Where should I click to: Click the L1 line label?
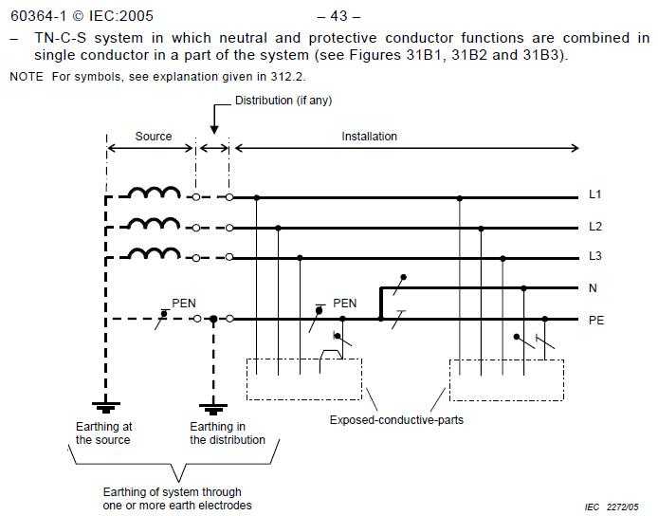[x=595, y=194]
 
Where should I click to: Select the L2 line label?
[x=595, y=227]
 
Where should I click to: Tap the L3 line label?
[x=595, y=256]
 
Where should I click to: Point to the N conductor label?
[x=593, y=288]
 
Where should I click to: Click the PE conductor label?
[x=596, y=321]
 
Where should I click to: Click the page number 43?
[x=338, y=16]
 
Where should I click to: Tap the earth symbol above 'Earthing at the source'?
[x=106, y=407]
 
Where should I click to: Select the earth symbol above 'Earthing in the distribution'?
[x=213, y=409]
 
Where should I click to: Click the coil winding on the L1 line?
[x=154, y=193]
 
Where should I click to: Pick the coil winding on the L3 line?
[x=154, y=253]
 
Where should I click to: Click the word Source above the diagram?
[x=154, y=137]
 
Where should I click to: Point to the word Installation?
[x=369, y=137]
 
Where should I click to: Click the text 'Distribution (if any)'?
[x=283, y=101]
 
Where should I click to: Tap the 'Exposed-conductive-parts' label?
[x=396, y=420]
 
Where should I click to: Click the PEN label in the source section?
[x=184, y=304]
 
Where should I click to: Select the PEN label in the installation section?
[x=344, y=304]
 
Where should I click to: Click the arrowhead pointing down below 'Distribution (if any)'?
[x=214, y=129]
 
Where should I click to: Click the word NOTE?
[x=27, y=77]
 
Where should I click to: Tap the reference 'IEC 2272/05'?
[x=612, y=507]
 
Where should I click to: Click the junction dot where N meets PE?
[x=381, y=319]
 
